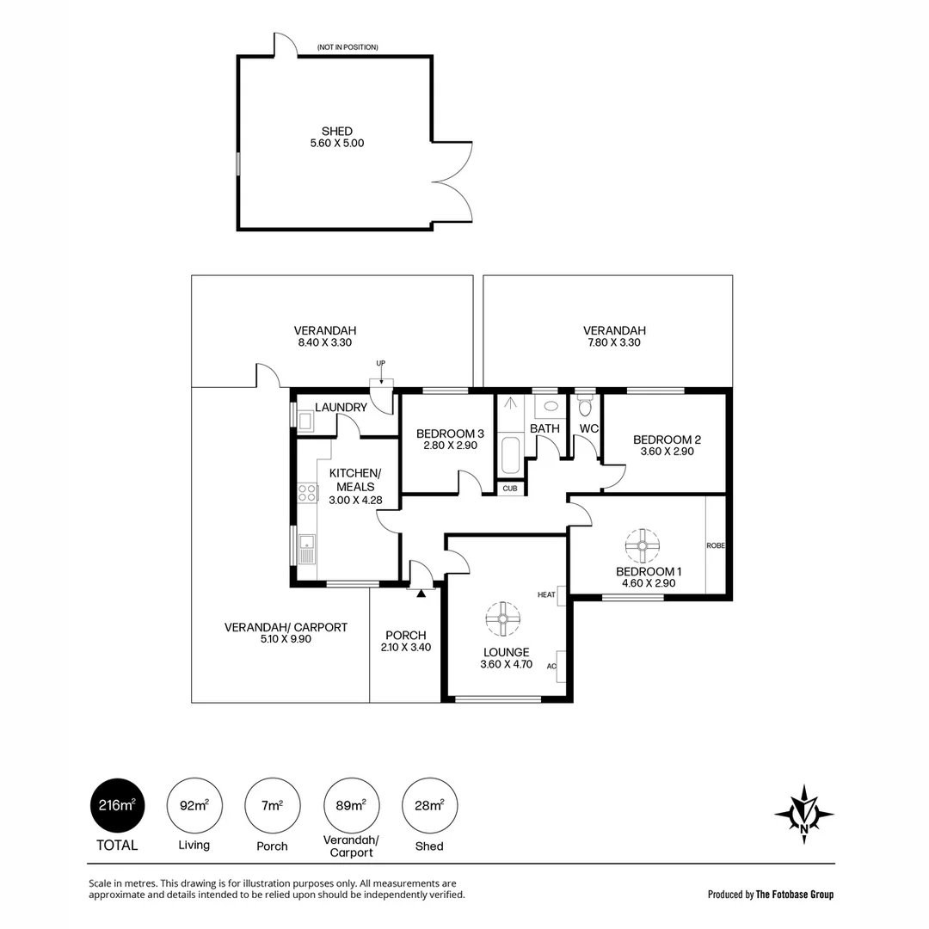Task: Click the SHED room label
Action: pos(337,132)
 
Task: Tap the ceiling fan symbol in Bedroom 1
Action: pos(641,544)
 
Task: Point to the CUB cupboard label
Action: pos(510,488)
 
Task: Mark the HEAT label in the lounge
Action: pos(546,594)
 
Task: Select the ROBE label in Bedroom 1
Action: pos(716,545)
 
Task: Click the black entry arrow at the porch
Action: pos(421,593)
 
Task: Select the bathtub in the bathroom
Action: pos(508,455)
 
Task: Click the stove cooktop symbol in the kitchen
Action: pos(307,494)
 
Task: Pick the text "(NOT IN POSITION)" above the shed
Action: pos(347,47)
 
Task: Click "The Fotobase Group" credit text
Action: pos(794,895)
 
